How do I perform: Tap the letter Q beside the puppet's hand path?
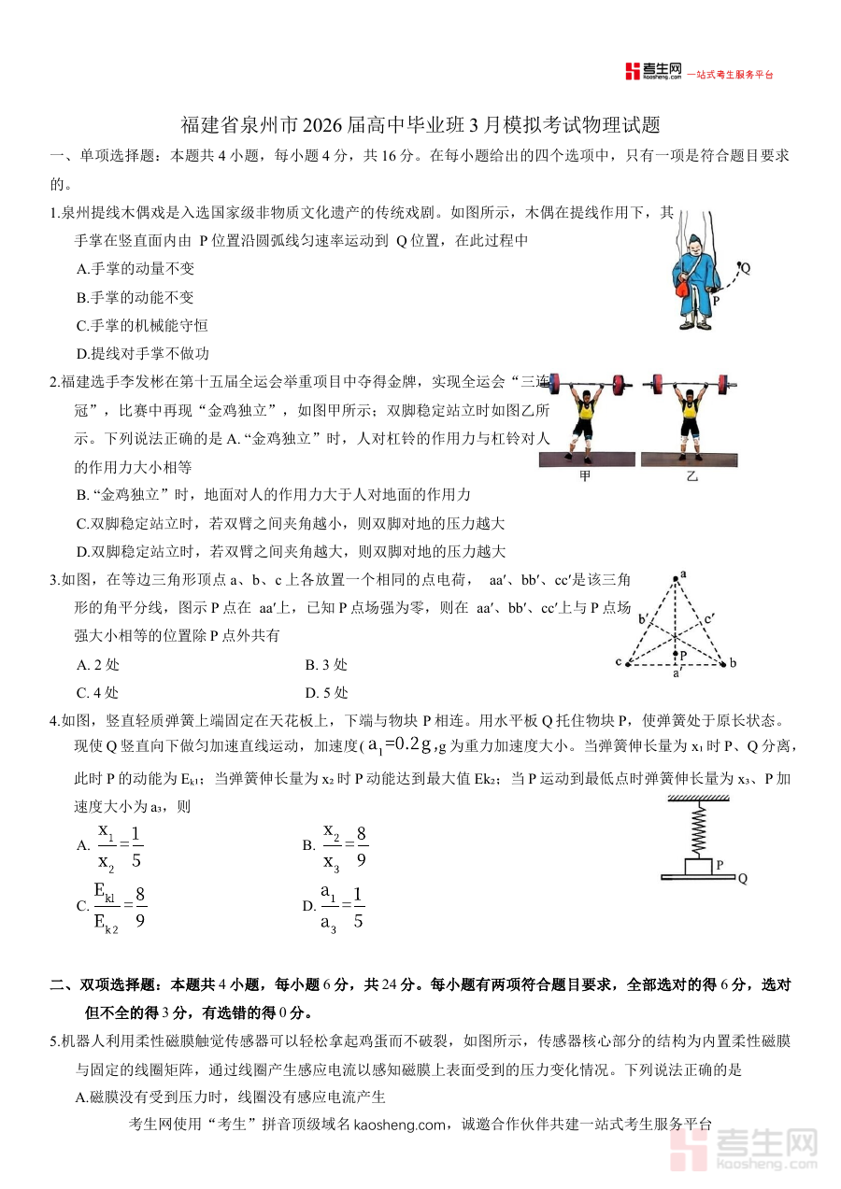pyautogui.click(x=745, y=268)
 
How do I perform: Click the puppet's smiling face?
pyautogui.click(x=693, y=244)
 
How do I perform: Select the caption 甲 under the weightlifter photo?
pyautogui.click(x=586, y=475)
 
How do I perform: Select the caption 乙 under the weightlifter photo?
pyautogui.click(x=691, y=475)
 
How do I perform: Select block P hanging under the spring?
pyautogui.click(x=700, y=866)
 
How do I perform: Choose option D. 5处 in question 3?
pyautogui.click(x=326, y=693)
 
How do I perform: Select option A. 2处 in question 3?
pyautogui.click(x=98, y=665)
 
